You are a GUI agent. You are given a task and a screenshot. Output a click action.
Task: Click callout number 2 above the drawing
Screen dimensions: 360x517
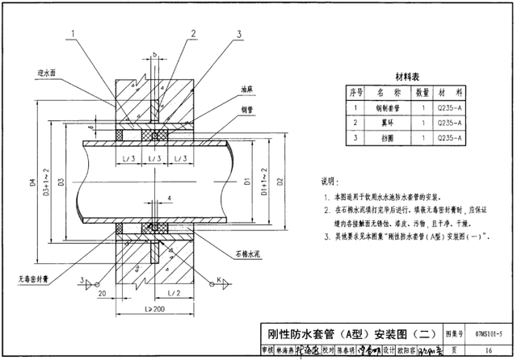pos(194,34)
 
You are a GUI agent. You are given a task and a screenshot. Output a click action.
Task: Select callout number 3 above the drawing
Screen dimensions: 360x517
pos(239,34)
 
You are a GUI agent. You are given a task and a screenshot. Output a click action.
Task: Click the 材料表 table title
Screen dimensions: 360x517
pos(406,77)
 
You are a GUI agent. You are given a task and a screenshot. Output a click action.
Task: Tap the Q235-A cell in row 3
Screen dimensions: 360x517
pos(449,138)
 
